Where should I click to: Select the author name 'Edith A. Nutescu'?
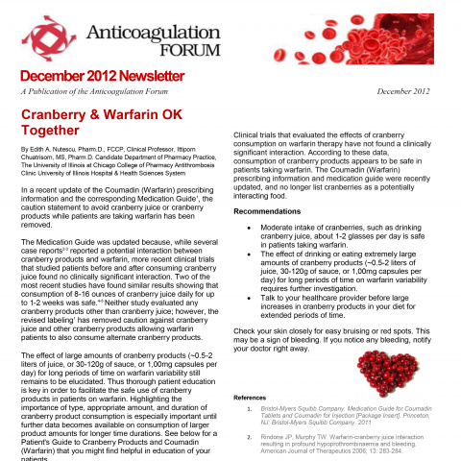tap(56, 151)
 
